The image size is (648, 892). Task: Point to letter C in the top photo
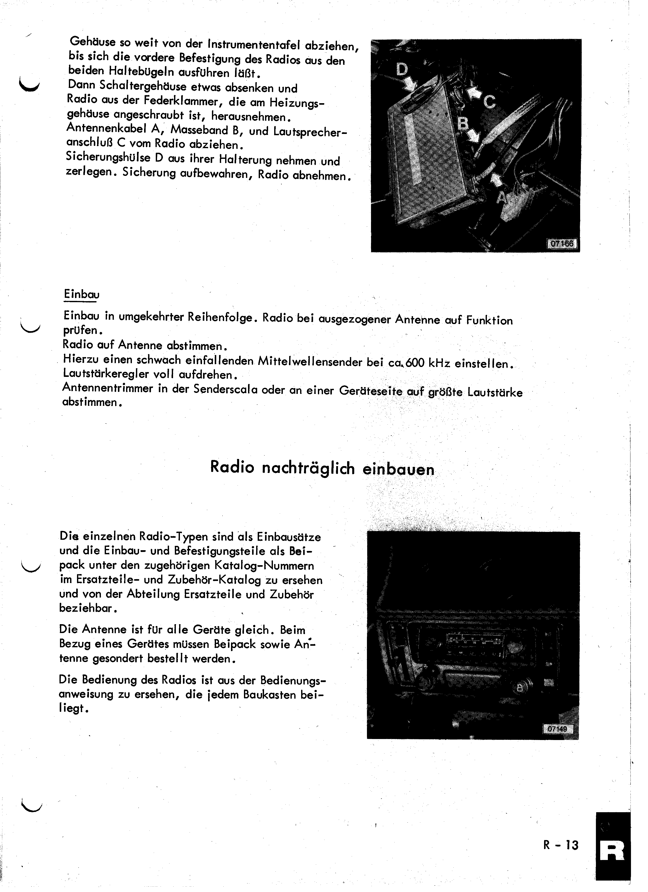pos(489,102)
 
